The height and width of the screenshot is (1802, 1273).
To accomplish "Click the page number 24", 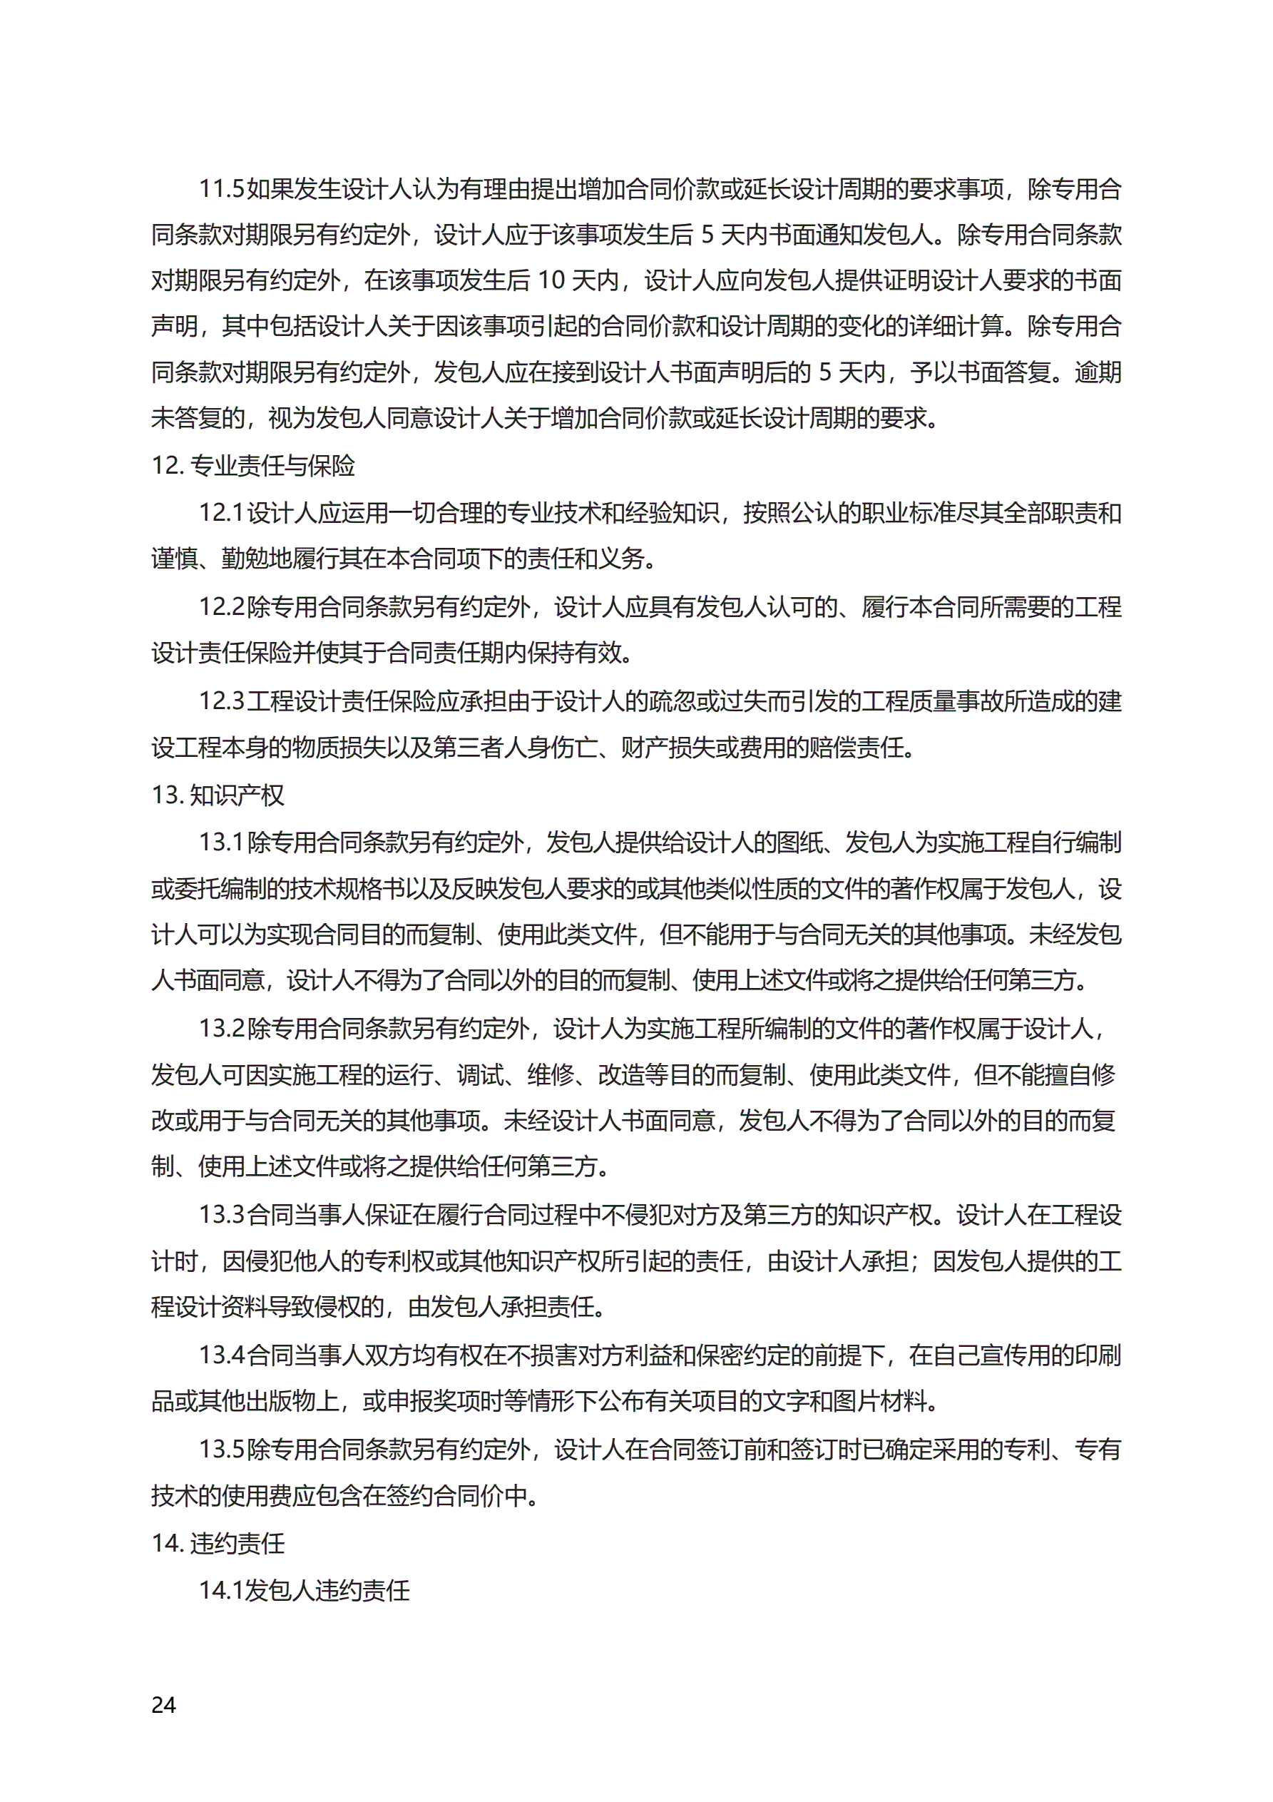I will (163, 1705).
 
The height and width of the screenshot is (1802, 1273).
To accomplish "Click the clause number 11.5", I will (221, 189).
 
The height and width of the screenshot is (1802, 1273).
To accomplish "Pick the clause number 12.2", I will (221, 606).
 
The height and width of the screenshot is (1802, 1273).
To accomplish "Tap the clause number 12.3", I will (221, 701).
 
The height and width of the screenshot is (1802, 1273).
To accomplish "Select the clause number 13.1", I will (221, 842).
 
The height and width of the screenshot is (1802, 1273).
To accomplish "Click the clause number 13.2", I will (221, 1028).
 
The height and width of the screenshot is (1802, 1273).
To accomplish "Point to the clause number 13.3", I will (221, 1215).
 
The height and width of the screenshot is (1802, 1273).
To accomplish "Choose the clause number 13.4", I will (221, 1355).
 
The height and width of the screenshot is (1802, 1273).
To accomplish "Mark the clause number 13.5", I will (221, 1450).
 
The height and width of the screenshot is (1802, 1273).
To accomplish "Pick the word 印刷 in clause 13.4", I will (1097, 1355).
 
